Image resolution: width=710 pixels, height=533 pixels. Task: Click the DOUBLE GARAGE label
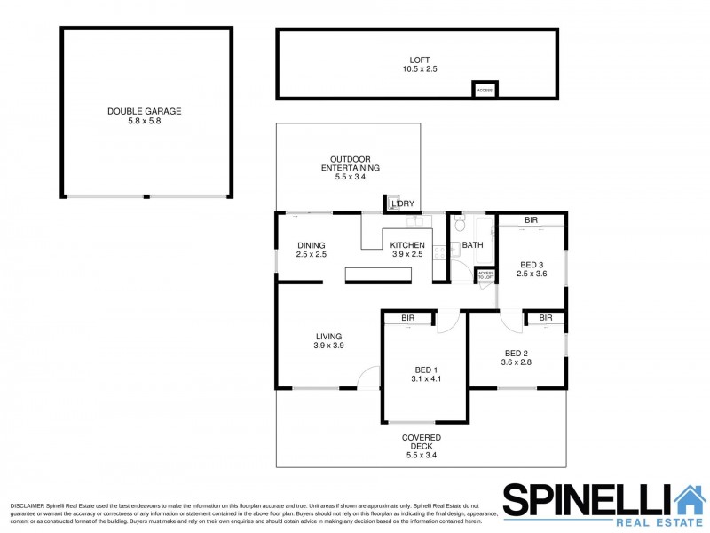coord(144,111)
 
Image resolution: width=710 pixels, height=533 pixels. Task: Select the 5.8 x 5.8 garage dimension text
coord(144,121)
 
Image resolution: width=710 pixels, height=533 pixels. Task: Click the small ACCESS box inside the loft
coord(485,90)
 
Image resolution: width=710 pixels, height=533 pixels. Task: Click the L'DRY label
coord(403,204)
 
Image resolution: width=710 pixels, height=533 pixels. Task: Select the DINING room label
coord(312,245)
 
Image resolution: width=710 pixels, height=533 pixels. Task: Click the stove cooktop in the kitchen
coord(439,250)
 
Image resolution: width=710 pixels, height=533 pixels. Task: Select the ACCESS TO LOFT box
coord(485,275)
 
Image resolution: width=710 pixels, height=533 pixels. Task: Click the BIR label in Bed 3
coord(531,219)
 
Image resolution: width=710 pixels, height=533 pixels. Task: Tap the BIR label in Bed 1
coord(408,317)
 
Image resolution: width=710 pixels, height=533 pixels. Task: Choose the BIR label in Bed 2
coord(546,317)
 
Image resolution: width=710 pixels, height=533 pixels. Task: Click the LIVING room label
coord(328,336)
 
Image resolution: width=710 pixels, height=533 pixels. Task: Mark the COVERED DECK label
coord(421,442)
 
